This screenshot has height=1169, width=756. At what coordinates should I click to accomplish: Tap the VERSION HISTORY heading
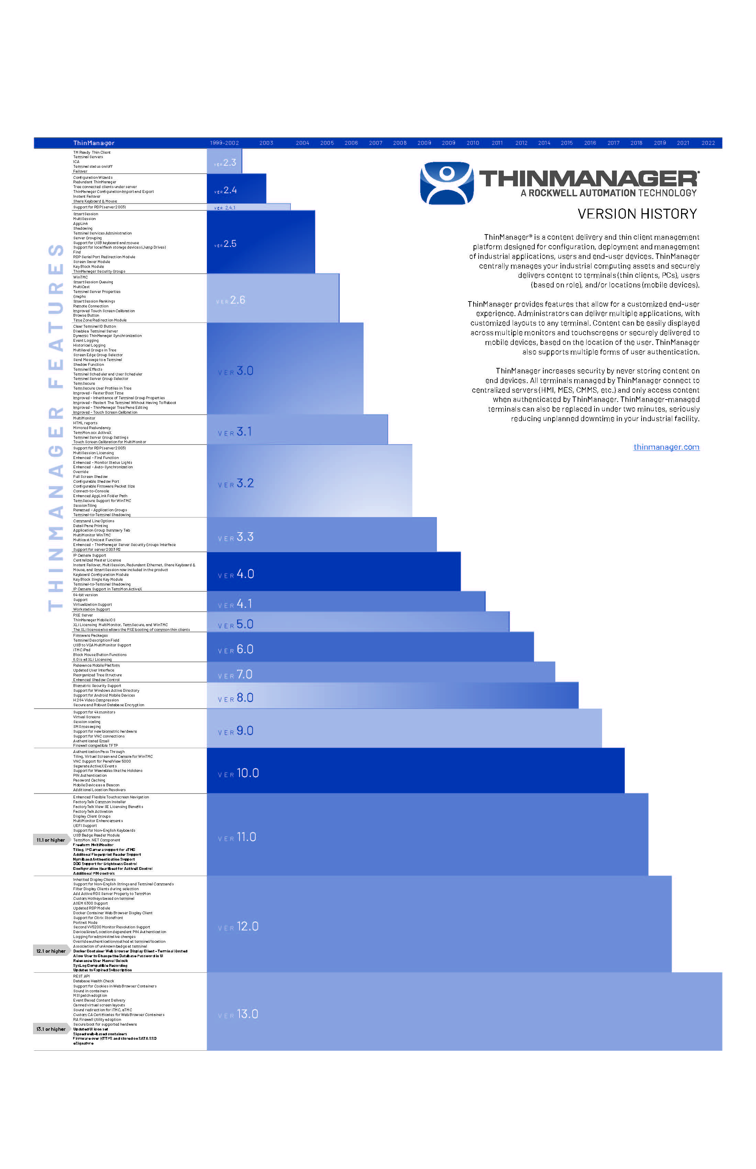[637, 214]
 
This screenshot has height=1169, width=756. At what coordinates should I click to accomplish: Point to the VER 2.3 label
[225, 163]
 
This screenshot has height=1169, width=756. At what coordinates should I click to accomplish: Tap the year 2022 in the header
[708, 143]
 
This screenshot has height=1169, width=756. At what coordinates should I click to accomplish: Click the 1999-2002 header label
[224, 143]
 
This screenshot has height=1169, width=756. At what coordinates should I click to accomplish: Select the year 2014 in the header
[544, 143]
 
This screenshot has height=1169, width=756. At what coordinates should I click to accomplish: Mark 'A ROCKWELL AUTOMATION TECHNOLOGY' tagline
[608, 193]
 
